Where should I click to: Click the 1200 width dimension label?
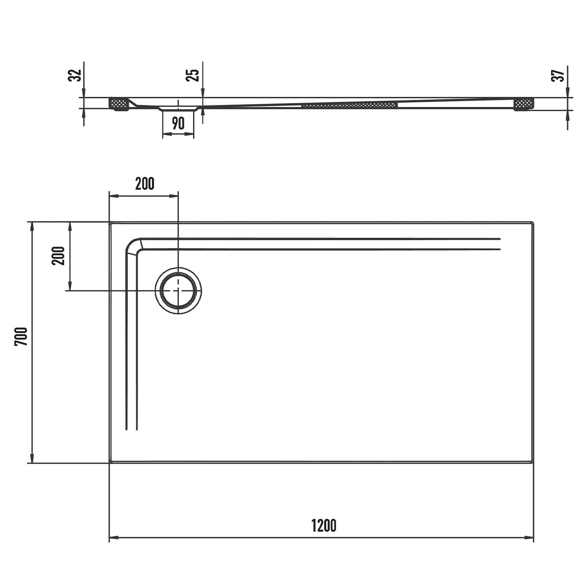pos(324,526)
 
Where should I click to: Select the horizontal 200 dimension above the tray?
pos(145,183)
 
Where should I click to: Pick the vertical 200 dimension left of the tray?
pos(58,256)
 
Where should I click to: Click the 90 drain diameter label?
pos(178,123)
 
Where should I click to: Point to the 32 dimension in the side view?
pos(75,75)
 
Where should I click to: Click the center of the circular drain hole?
pos(178,291)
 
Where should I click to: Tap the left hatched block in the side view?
pos(119,104)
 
